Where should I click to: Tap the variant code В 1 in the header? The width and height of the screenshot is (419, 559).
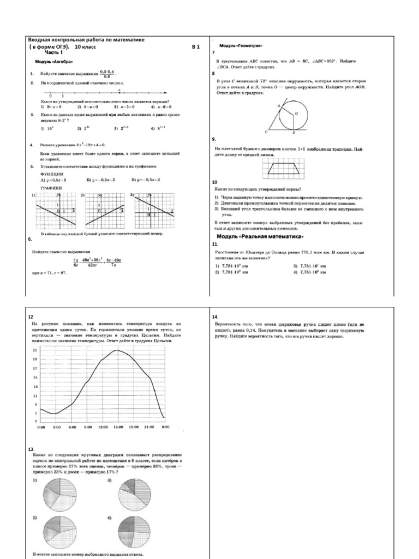click(196, 47)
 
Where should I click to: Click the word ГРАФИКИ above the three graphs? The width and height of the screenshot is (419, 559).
click(51, 187)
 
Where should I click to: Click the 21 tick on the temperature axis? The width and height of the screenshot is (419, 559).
click(35, 349)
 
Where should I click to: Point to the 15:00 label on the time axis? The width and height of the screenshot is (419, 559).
click(118, 426)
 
